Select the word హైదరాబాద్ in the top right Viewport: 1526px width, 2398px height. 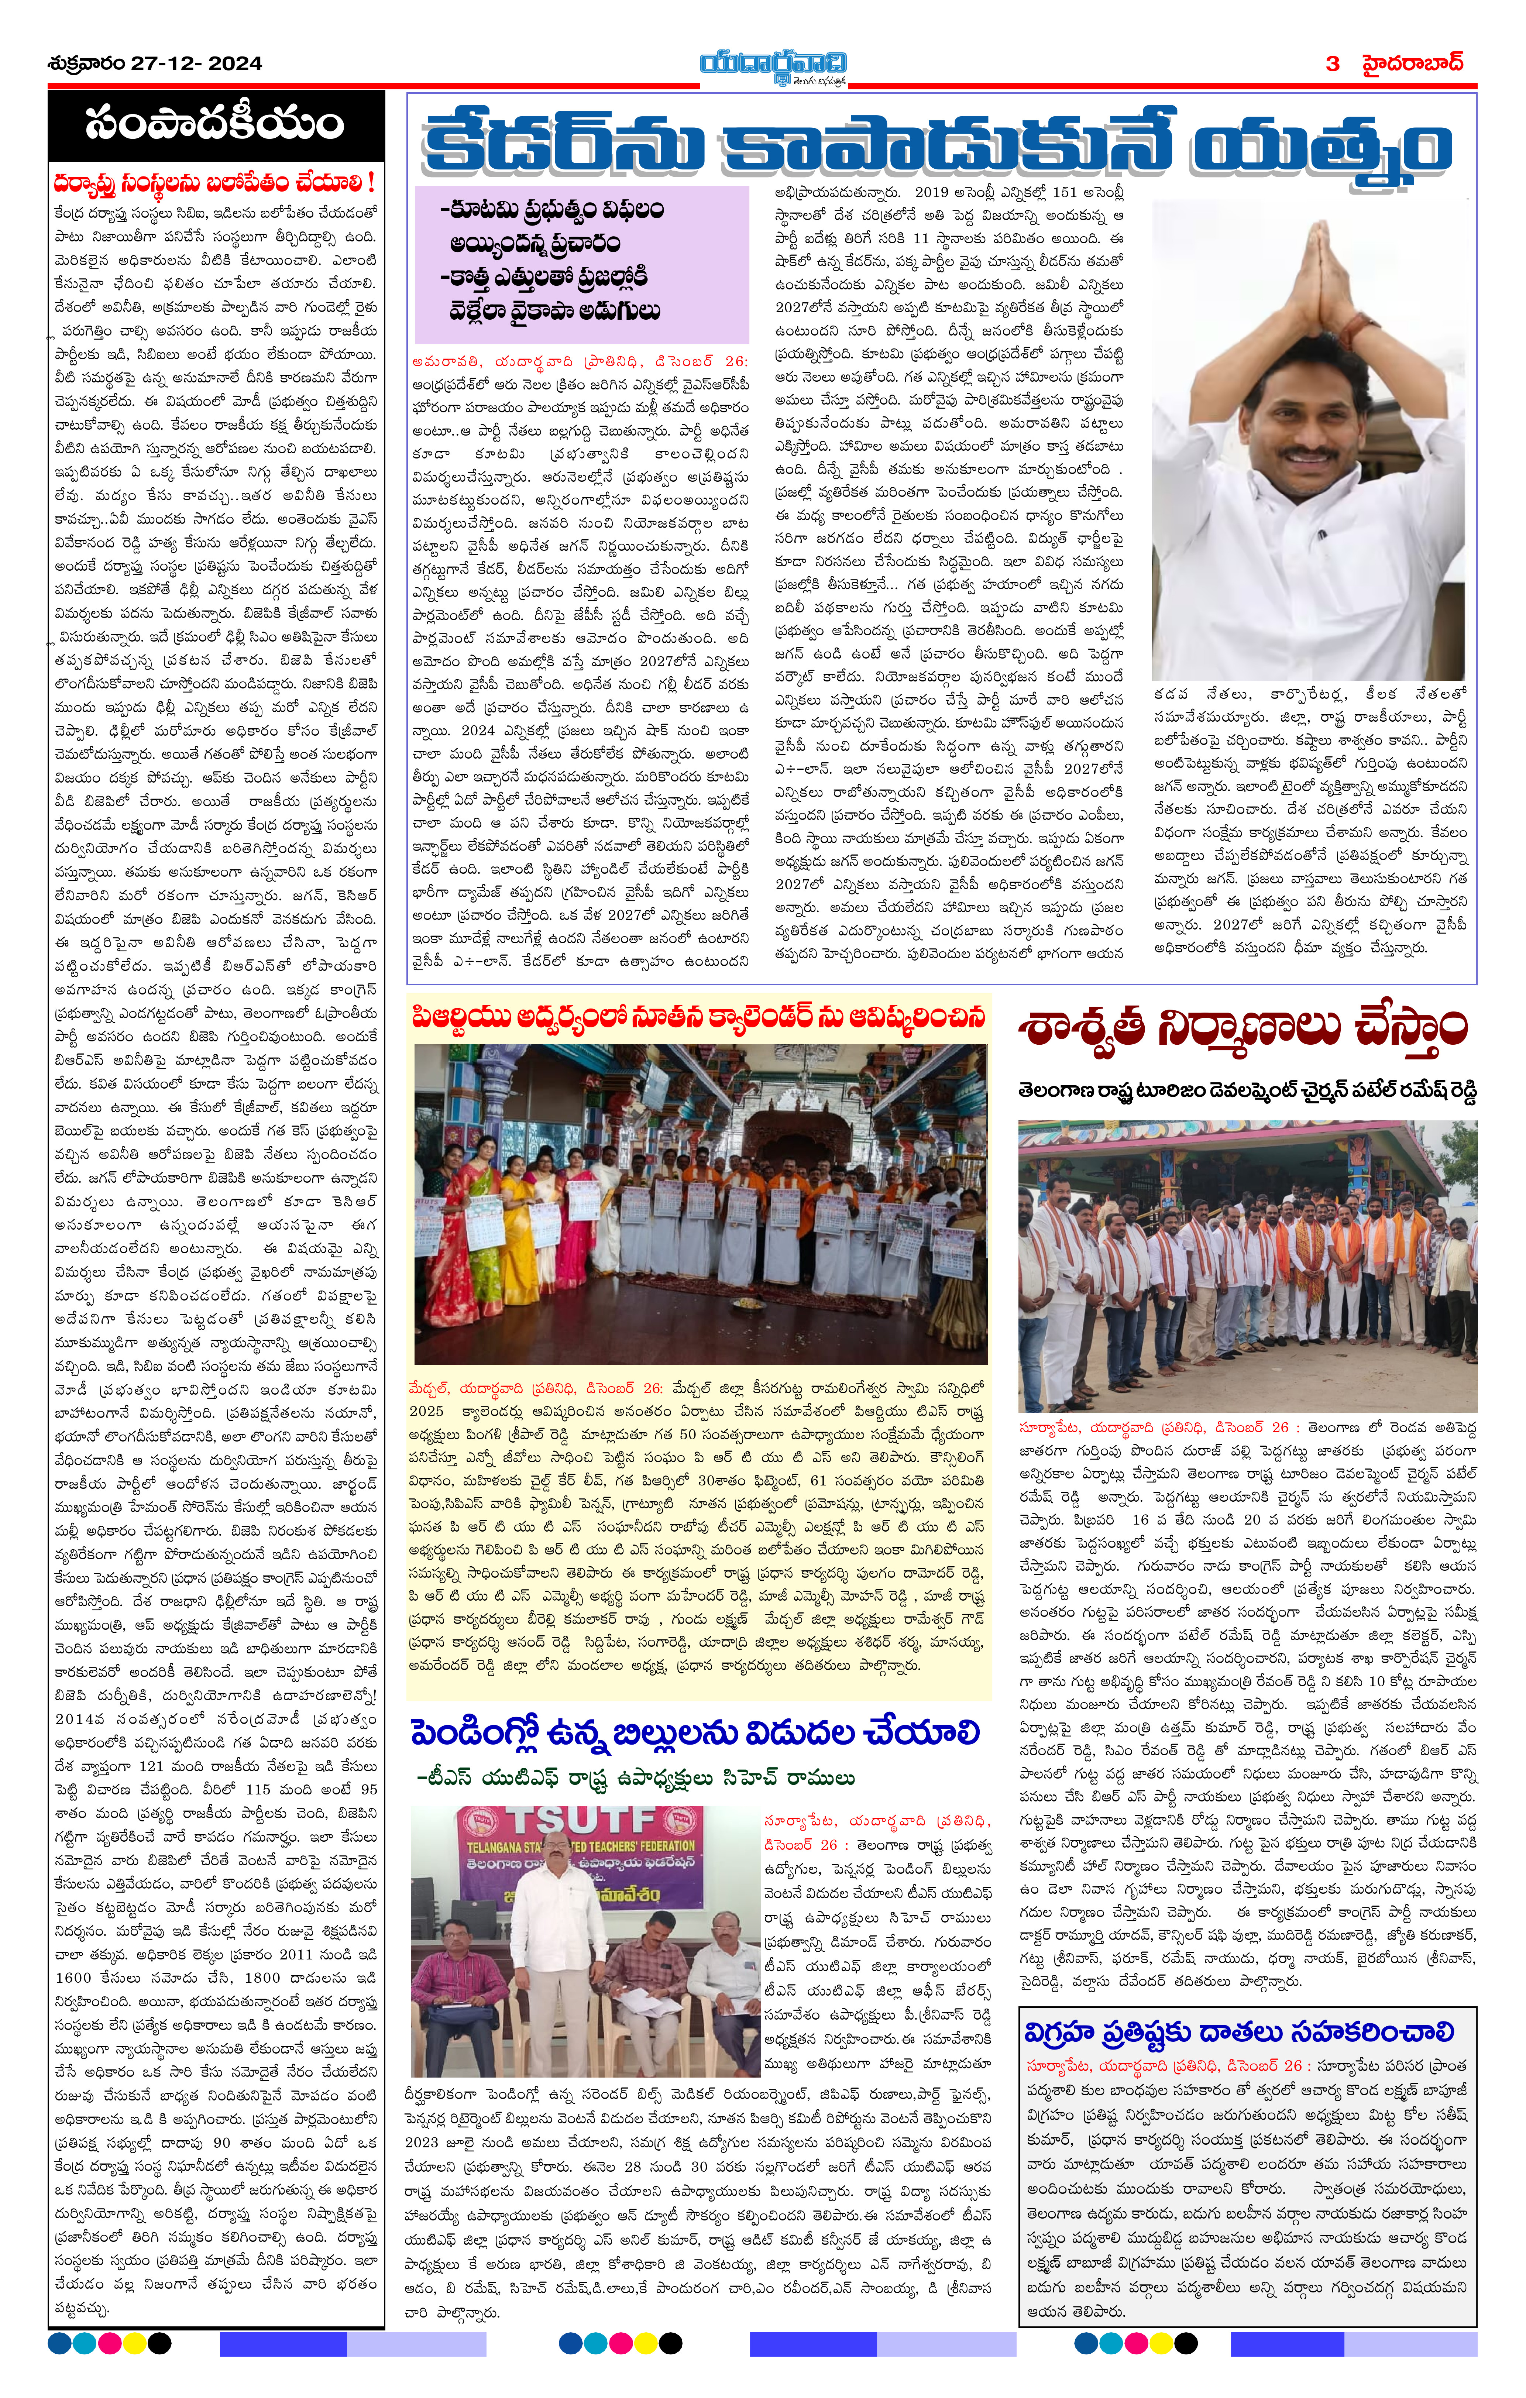click(1412, 64)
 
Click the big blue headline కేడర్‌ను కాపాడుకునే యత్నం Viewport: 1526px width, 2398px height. click(936, 147)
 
